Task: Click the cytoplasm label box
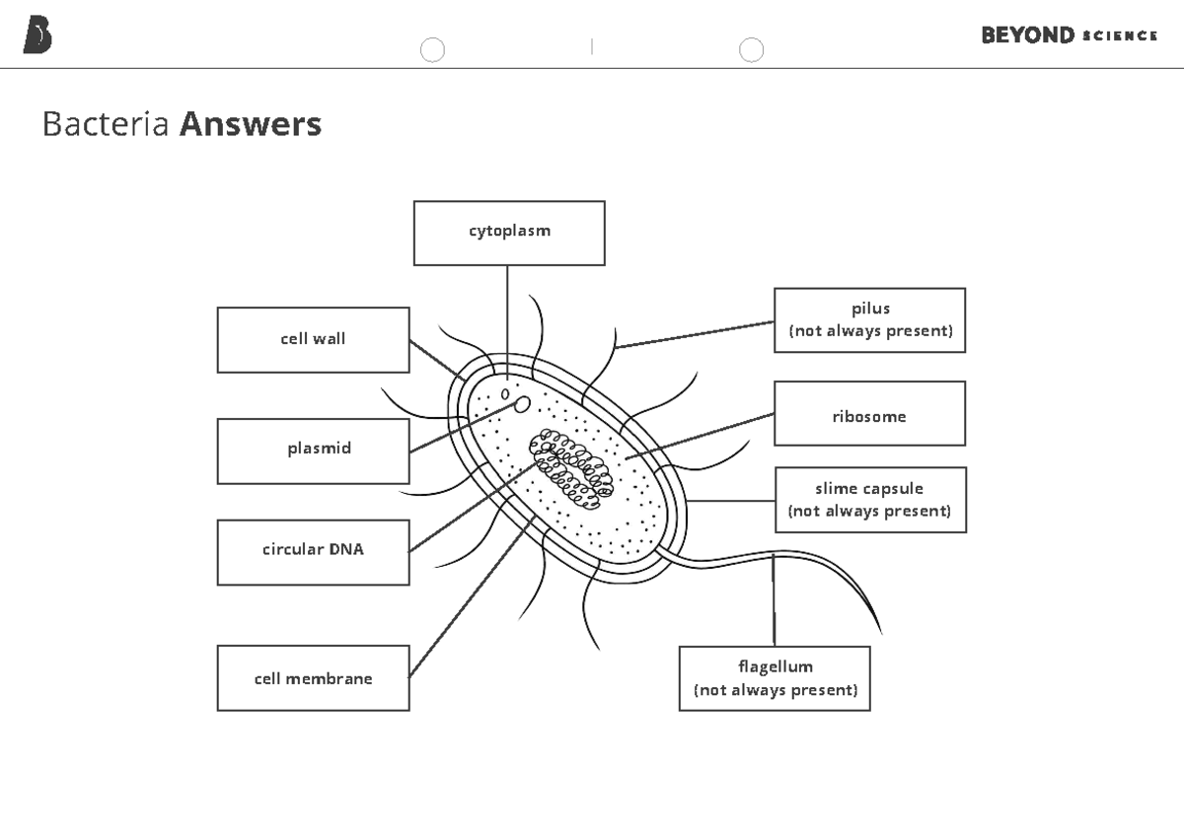[509, 233]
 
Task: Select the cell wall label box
[313, 339]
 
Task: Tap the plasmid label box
[313, 451]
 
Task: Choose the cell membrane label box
[313, 678]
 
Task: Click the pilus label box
[869, 320]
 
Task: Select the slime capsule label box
[869, 500]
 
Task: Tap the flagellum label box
[775, 678]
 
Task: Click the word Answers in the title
[251, 124]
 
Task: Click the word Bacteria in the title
[106, 124]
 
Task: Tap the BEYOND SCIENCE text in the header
[1069, 35]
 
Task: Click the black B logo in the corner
[37, 35]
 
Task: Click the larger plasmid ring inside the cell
[523, 404]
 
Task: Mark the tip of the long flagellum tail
[880, 632]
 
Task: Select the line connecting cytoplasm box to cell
[507, 315]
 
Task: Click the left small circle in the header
[432, 49]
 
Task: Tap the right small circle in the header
[751, 49]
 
